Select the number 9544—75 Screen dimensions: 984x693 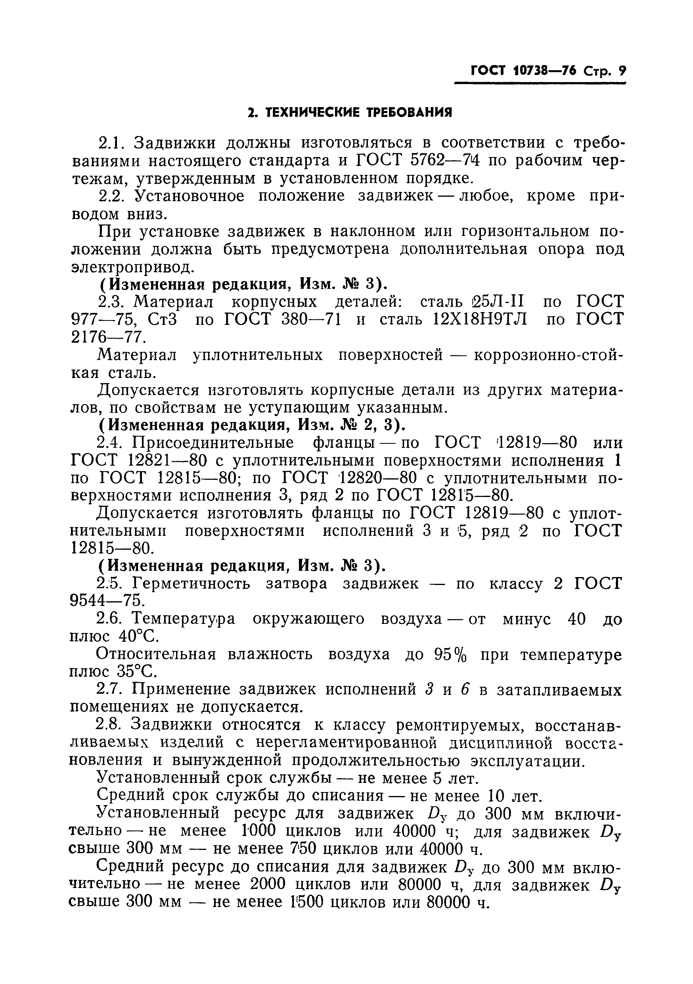(x=107, y=601)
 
